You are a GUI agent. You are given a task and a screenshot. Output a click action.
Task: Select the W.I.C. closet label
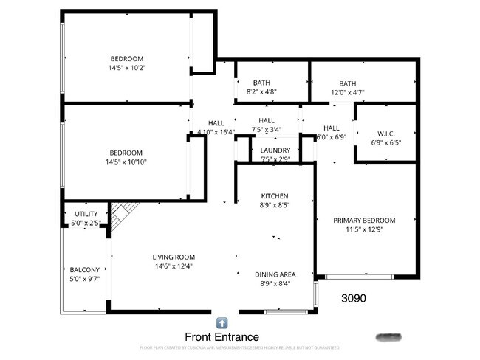tap(383, 134)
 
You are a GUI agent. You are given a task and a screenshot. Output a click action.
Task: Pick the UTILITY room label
tap(86, 214)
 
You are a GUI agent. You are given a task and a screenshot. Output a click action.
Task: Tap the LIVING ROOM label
tap(174, 257)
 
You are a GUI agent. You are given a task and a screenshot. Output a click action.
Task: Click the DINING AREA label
tap(275, 274)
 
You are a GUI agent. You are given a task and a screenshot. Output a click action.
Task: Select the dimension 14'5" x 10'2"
tap(127, 68)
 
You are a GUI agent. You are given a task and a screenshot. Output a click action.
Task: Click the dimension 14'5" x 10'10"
tap(127, 162)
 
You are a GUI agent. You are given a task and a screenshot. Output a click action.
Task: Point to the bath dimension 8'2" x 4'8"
tap(261, 92)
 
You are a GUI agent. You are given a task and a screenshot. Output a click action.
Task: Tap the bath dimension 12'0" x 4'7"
tap(347, 93)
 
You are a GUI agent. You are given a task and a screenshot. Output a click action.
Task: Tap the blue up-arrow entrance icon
tap(222, 322)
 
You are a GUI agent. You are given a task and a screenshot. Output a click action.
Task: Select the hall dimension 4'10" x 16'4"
tap(216, 133)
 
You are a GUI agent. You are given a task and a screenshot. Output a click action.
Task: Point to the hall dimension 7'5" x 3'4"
tap(267, 130)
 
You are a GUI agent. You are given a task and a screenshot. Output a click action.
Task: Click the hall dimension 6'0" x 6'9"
tap(331, 137)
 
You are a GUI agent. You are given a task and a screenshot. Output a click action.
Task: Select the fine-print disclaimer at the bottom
tap(239, 347)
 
